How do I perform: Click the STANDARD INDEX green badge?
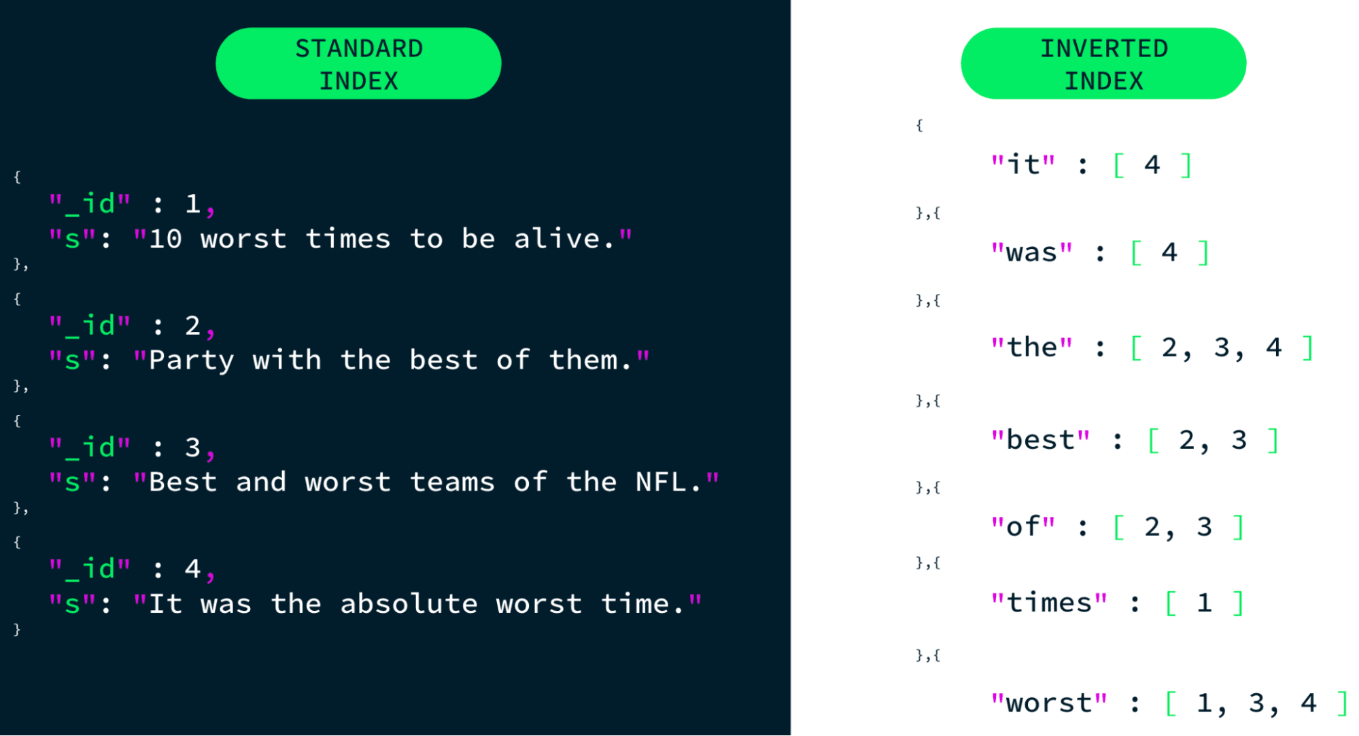click(358, 63)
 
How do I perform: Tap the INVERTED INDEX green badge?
click(1103, 63)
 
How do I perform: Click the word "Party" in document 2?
click(191, 361)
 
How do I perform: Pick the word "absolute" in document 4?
click(409, 604)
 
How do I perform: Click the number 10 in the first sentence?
click(165, 239)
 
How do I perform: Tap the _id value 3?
click(192, 448)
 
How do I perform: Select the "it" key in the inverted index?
click(1022, 165)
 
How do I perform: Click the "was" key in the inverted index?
click(1031, 252)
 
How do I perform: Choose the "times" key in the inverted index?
click(1049, 602)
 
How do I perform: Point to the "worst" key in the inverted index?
click(1049, 703)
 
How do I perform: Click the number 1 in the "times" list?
click(1204, 603)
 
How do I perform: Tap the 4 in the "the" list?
click(1273, 348)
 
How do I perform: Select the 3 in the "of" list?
click(1204, 527)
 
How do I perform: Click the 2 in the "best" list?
click(1187, 441)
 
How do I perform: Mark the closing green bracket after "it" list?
click(1186, 165)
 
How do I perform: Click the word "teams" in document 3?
click(452, 482)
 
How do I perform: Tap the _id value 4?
click(192, 569)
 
